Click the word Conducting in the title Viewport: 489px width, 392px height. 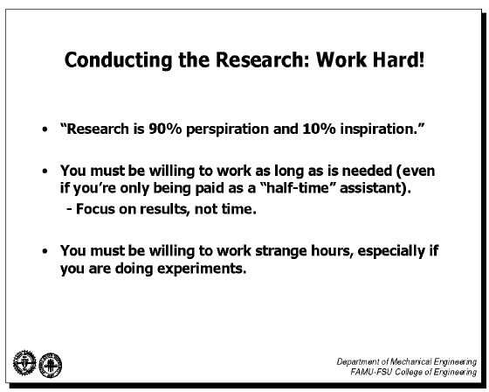(x=118, y=59)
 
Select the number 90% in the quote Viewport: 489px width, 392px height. (x=165, y=129)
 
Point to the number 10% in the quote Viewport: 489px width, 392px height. (x=319, y=129)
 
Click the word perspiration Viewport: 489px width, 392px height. (x=227, y=129)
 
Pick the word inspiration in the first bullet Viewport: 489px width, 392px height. (x=379, y=129)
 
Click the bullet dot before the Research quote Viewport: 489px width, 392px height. (x=45, y=129)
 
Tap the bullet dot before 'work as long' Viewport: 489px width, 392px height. (x=45, y=171)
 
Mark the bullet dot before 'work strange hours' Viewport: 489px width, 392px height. (x=45, y=251)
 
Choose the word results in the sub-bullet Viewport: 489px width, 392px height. (x=164, y=209)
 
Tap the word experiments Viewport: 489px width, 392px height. (x=202, y=269)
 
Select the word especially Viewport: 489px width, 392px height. (x=391, y=252)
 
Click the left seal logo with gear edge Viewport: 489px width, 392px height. (x=24, y=363)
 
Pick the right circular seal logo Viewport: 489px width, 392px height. (x=51, y=365)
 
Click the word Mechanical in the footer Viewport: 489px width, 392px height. (x=410, y=361)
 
